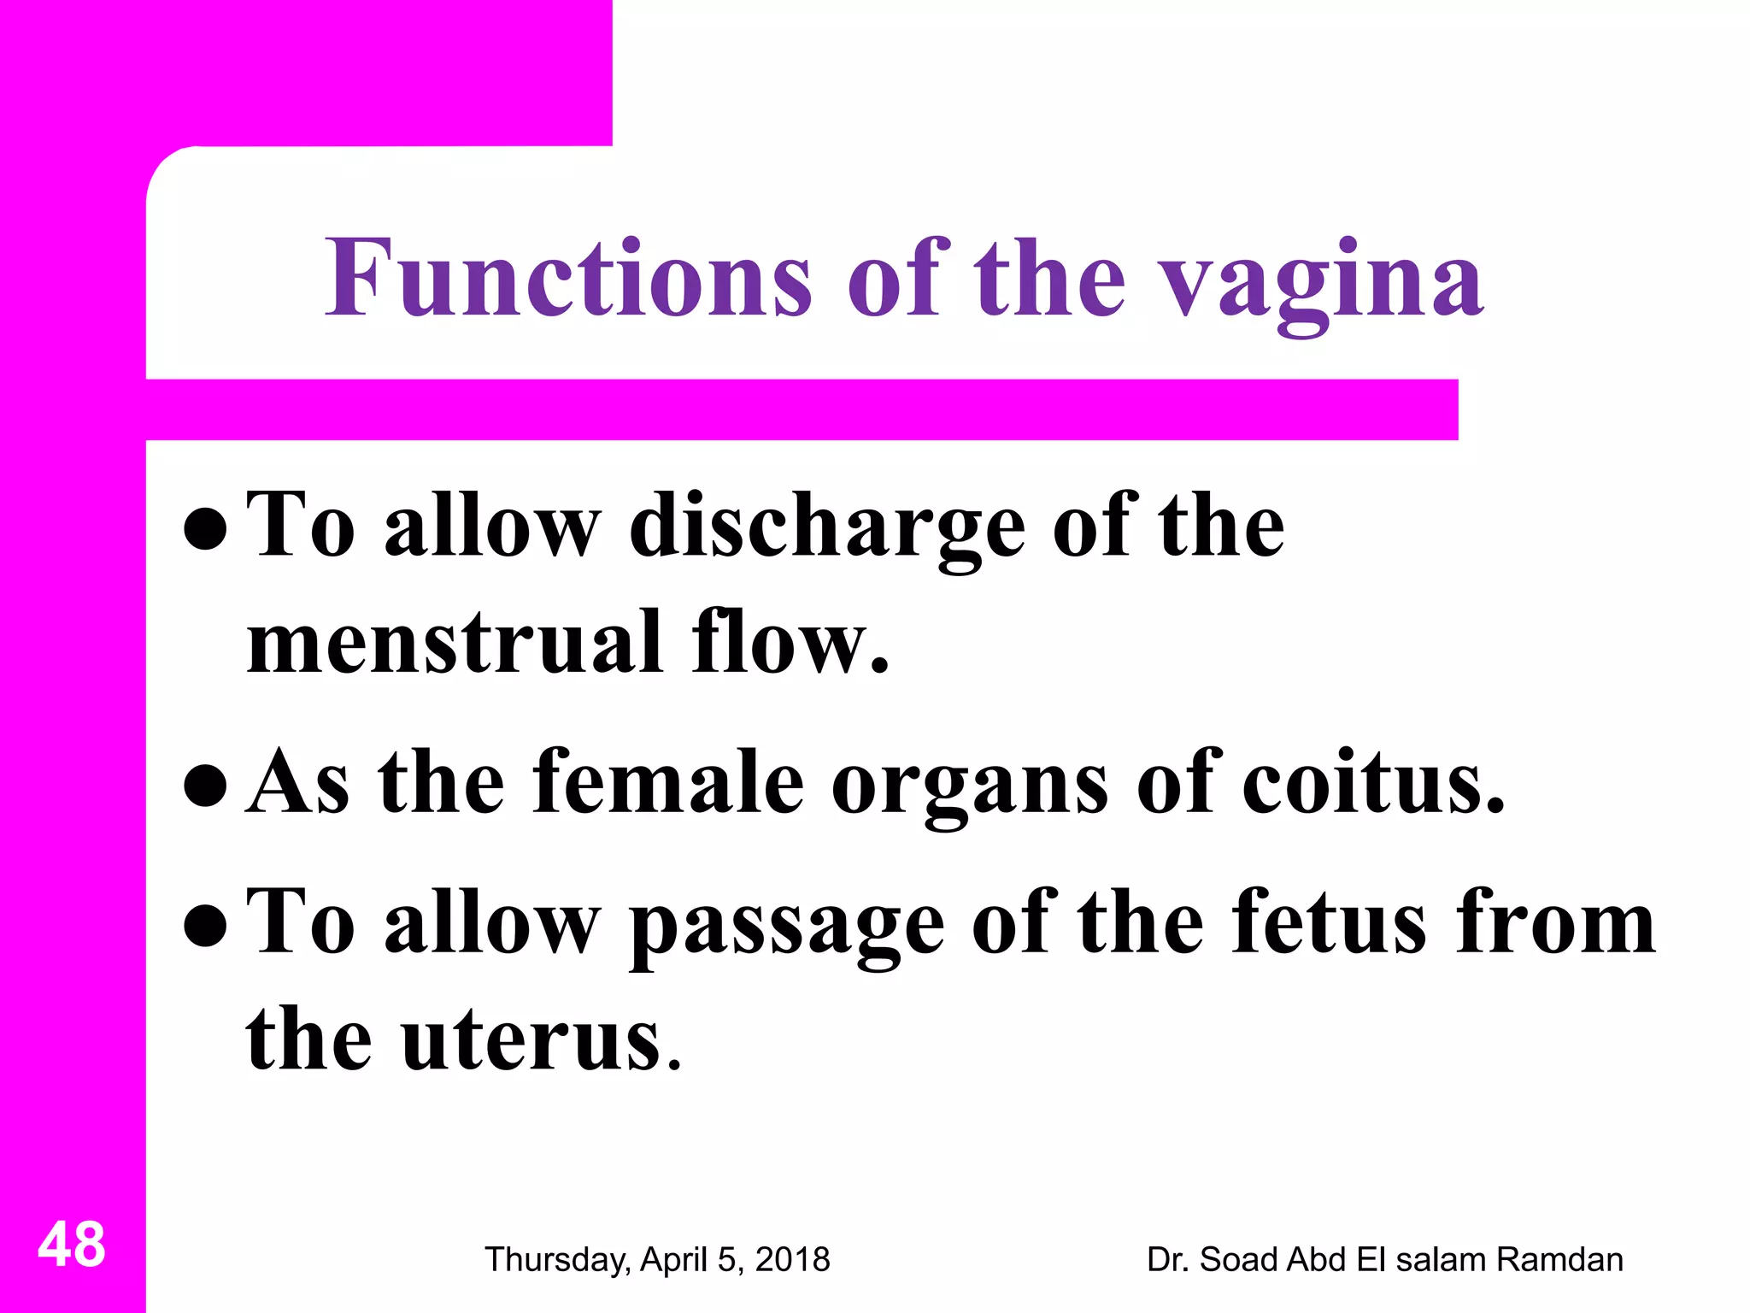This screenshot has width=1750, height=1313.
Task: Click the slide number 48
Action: click(x=72, y=1245)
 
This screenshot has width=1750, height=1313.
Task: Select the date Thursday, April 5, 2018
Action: click(x=657, y=1259)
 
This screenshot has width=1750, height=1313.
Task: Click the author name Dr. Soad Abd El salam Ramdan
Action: click(x=1384, y=1259)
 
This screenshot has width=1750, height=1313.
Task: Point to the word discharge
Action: click(x=827, y=528)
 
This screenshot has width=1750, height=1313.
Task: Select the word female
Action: click(x=668, y=780)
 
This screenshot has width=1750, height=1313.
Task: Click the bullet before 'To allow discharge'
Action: click(x=205, y=529)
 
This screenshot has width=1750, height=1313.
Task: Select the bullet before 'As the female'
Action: click(x=205, y=786)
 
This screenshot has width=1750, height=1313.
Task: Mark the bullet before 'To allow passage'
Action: click(x=205, y=926)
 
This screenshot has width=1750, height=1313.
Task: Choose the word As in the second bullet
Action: click(x=297, y=780)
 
